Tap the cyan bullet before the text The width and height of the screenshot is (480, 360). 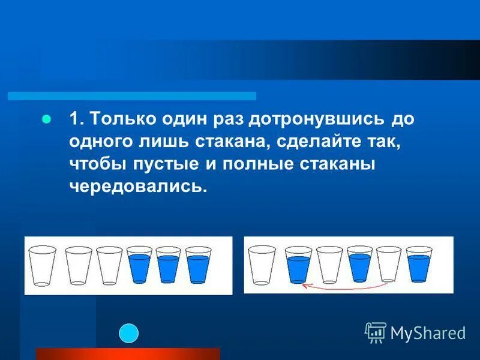(x=45, y=118)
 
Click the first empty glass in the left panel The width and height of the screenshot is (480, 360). (x=42, y=265)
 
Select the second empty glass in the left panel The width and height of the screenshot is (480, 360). (x=78, y=265)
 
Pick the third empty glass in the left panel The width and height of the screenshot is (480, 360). (x=110, y=265)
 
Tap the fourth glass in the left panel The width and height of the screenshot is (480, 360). (x=139, y=265)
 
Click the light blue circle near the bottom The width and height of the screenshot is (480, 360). (x=128, y=333)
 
